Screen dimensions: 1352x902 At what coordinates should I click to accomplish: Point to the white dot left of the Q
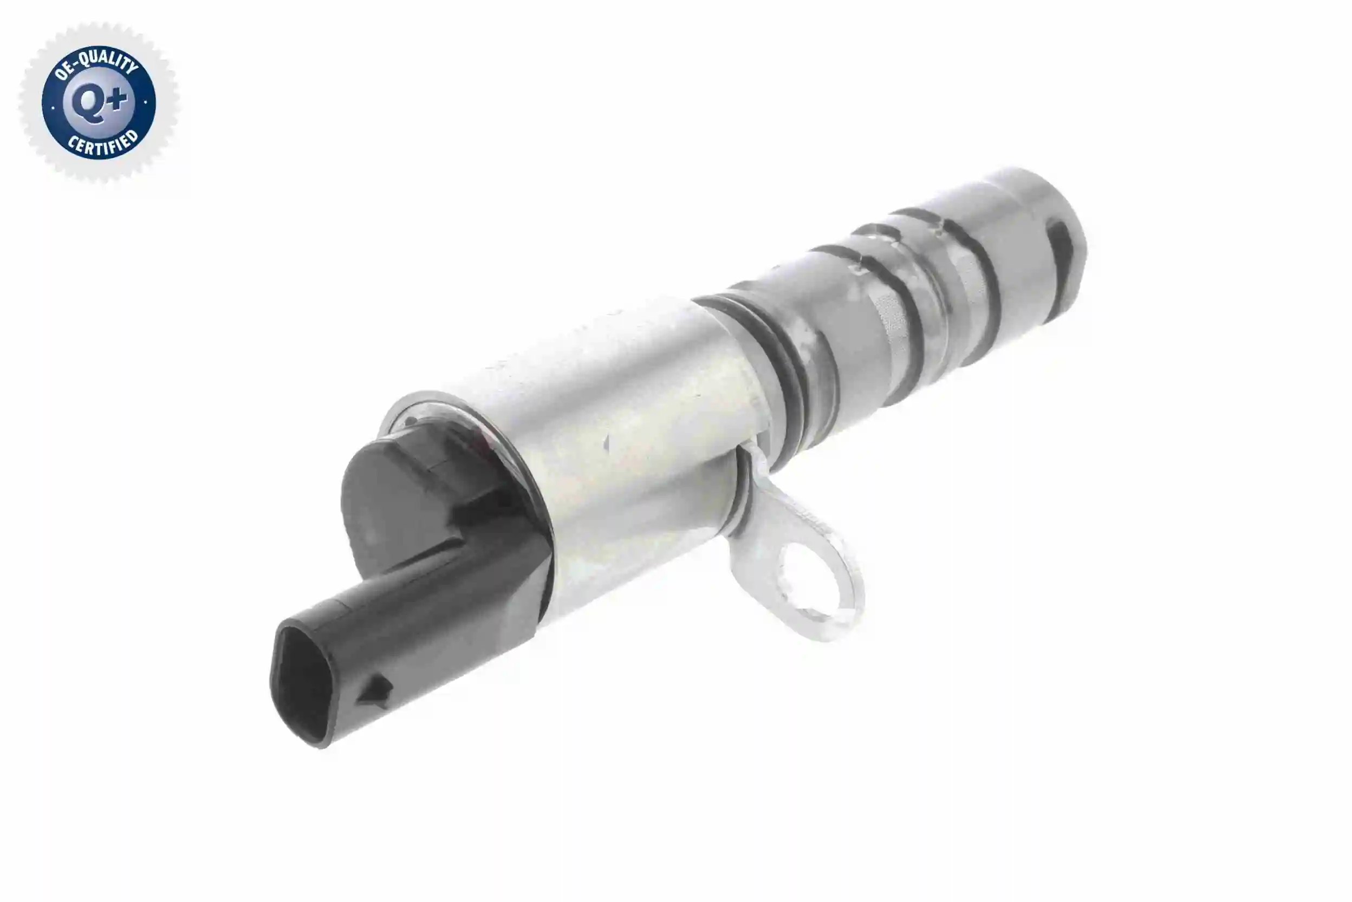click(x=53, y=107)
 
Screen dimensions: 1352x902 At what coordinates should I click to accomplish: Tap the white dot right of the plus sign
click(x=146, y=103)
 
